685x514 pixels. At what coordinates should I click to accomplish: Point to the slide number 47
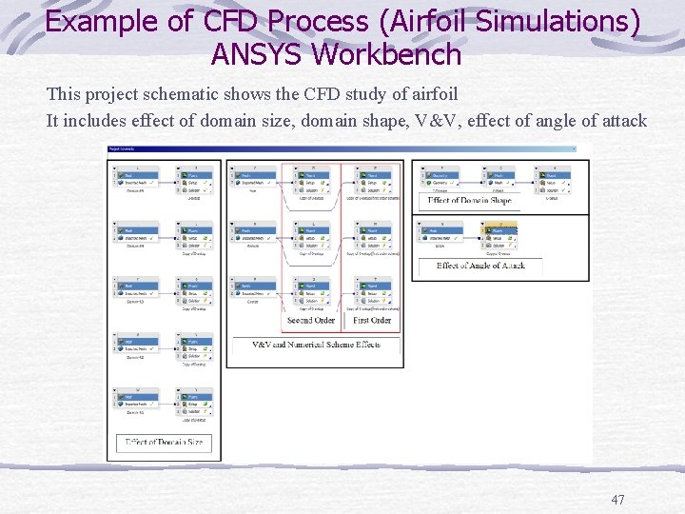point(617,500)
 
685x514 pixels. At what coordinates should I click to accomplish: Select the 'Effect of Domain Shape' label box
point(469,201)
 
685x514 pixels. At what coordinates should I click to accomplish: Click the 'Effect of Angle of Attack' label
point(479,267)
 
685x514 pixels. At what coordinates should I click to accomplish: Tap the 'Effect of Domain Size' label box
point(165,442)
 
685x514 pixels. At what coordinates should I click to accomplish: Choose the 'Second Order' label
point(311,321)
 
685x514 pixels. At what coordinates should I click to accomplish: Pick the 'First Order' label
point(372,321)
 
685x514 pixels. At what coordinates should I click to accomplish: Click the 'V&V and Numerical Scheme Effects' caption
point(316,344)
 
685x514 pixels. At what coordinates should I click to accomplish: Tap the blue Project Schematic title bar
point(342,148)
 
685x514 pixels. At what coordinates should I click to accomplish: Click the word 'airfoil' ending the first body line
point(434,94)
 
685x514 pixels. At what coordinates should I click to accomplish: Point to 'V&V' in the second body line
point(437,121)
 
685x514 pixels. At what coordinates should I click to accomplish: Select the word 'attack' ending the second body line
point(622,121)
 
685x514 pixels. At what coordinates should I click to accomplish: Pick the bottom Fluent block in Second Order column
point(316,294)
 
